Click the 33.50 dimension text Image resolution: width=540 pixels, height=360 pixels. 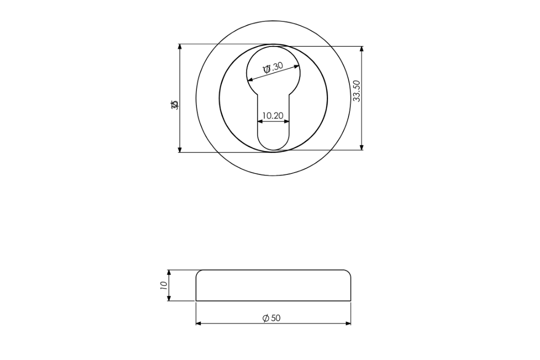pos(356,90)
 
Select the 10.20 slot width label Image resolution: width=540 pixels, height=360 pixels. pos(272,115)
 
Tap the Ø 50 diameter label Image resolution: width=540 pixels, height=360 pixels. pos(272,318)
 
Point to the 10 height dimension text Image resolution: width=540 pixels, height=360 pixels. pos(163,285)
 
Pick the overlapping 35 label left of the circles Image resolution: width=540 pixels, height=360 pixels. pos(174,104)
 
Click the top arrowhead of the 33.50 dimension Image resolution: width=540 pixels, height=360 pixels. pos(361,49)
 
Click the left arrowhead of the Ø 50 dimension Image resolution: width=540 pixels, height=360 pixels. pos(198,323)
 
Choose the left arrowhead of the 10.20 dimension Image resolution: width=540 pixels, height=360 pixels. pos(259,121)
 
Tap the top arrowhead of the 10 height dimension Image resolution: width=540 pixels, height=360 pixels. pos(169,273)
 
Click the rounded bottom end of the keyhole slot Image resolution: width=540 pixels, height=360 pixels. pos(273,148)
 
